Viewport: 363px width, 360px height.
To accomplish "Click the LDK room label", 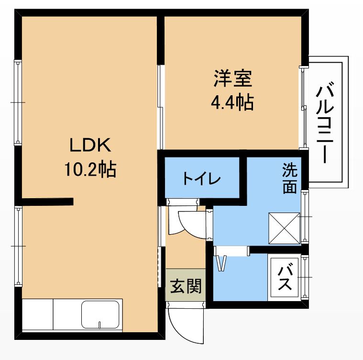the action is (x=90, y=145).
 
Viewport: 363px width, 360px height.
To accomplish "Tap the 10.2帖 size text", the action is (x=90, y=169).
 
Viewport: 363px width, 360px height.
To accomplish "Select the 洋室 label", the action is (x=232, y=79).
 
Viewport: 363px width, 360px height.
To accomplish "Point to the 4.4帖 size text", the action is (x=232, y=102).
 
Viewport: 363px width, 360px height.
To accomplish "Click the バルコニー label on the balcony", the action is (x=325, y=123).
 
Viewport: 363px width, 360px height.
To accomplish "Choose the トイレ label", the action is (x=202, y=179).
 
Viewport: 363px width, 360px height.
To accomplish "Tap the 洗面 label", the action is (x=290, y=178).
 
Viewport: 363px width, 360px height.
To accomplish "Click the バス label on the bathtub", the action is (x=285, y=278).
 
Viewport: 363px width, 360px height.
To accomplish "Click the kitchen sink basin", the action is (x=100, y=315).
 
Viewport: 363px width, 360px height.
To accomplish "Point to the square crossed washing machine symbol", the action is (x=284, y=228).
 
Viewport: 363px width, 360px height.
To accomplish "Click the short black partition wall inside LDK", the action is (x=47, y=202).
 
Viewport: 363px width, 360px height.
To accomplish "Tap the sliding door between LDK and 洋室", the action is (x=160, y=107).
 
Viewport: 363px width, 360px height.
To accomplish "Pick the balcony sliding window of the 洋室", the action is (x=304, y=108).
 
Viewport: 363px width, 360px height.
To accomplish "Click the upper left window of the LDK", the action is (x=18, y=102).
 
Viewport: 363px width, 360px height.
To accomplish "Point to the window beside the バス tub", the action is (x=305, y=277).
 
